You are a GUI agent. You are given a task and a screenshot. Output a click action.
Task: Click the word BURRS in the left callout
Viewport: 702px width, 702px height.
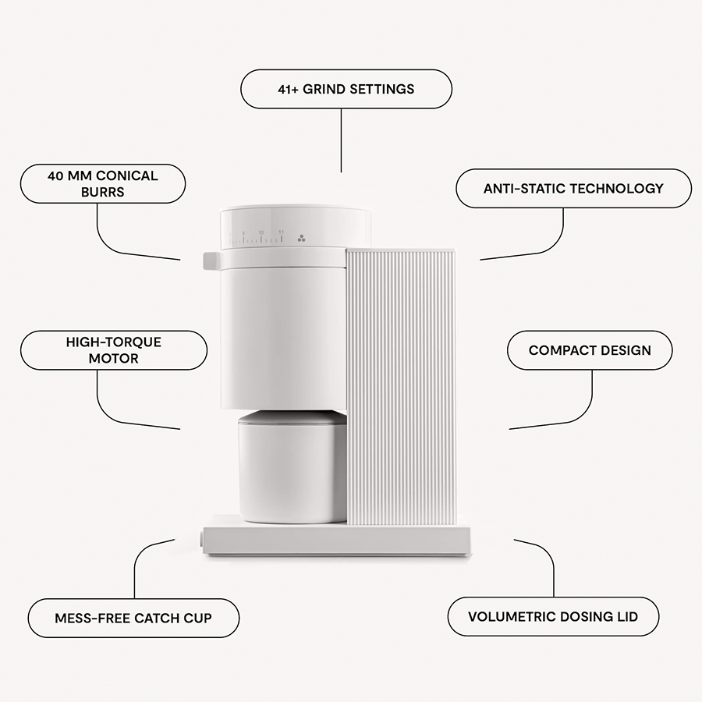click(x=102, y=192)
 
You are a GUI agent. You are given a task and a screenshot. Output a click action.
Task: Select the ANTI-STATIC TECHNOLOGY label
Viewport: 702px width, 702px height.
click(x=573, y=188)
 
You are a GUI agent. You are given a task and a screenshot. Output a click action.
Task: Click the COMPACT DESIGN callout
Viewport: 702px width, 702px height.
click(x=590, y=350)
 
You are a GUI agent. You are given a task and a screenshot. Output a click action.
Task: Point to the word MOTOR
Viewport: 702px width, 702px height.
click(x=113, y=359)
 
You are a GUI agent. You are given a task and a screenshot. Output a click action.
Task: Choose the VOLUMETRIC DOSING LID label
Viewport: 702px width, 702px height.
click(x=553, y=617)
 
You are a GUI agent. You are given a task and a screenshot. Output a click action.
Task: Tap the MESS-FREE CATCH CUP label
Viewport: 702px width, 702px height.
click(x=133, y=619)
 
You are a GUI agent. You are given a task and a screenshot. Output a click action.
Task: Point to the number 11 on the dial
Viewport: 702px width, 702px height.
click(x=281, y=232)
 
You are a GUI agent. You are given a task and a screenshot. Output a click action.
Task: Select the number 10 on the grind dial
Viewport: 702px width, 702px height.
click(x=261, y=232)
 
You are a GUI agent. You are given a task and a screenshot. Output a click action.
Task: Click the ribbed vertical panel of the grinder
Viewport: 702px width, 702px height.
click(x=401, y=386)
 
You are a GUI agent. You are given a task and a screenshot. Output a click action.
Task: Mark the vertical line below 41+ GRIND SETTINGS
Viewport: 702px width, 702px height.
click(x=342, y=140)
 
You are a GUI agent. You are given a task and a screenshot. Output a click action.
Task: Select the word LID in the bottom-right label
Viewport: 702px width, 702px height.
click(x=628, y=617)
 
